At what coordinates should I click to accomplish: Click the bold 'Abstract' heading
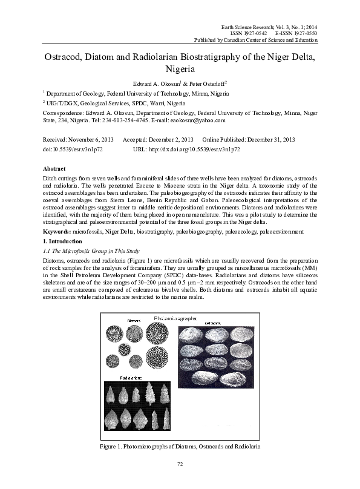point(55,168)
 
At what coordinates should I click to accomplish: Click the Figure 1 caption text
point(180,446)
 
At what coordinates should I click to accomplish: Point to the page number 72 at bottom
point(180,464)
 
